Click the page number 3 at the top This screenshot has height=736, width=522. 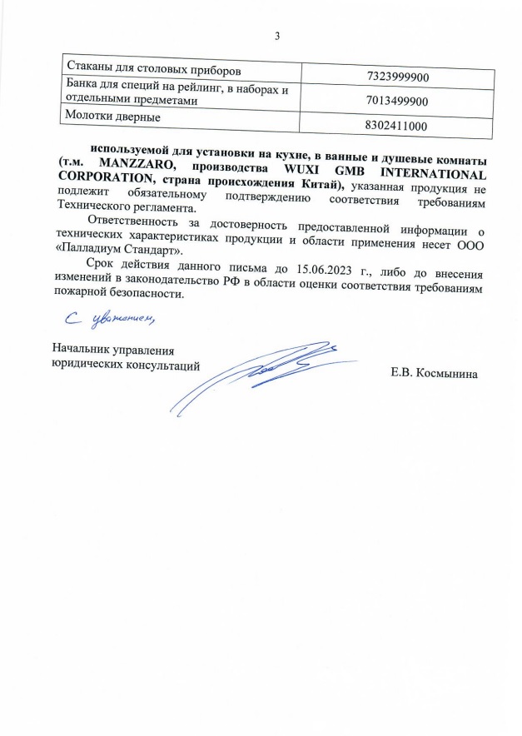pyautogui.click(x=277, y=35)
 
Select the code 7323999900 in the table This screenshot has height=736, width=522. pyautogui.click(x=397, y=77)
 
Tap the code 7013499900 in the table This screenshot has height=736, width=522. pyautogui.click(x=397, y=102)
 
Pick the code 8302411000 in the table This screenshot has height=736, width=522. pyautogui.click(x=397, y=126)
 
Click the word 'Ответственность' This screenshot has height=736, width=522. pyautogui.click(x=137, y=226)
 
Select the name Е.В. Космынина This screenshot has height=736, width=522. pyautogui.click(x=435, y=374)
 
